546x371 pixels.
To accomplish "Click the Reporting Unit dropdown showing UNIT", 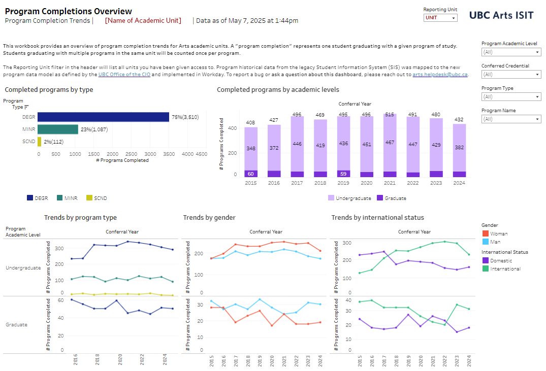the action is tap(440, 18).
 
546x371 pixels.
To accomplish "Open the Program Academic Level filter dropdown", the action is tap(511, 52).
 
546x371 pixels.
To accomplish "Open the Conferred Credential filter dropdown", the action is tap(511, 75).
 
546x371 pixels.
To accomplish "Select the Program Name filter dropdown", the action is tap(511, 119).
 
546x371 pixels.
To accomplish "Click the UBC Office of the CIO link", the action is tap(124, 75).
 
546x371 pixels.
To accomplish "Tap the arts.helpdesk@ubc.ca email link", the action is tap(440, 75).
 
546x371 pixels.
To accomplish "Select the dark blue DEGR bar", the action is tap(104, 117).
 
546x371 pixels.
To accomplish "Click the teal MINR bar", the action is tap(58, 129).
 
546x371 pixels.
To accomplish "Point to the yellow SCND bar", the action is tap(39, 142).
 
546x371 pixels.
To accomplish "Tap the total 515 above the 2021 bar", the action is tap(390, 115).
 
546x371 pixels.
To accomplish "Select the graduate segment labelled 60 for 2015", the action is tap(251, 174).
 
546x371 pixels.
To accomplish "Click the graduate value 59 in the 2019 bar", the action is tap(343, 174).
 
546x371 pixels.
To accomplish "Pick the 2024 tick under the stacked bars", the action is tap(459, 183).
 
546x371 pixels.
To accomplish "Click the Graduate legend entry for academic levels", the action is tap(392, 198).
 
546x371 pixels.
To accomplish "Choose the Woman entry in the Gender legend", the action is tap(495, 233).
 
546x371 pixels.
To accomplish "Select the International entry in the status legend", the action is tap(501, 268).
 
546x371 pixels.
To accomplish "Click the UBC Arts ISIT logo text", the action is tap(501, 15).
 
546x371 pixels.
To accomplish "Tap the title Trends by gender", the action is tap(209, 218).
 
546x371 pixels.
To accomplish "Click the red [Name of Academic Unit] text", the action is tap(143, 20).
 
